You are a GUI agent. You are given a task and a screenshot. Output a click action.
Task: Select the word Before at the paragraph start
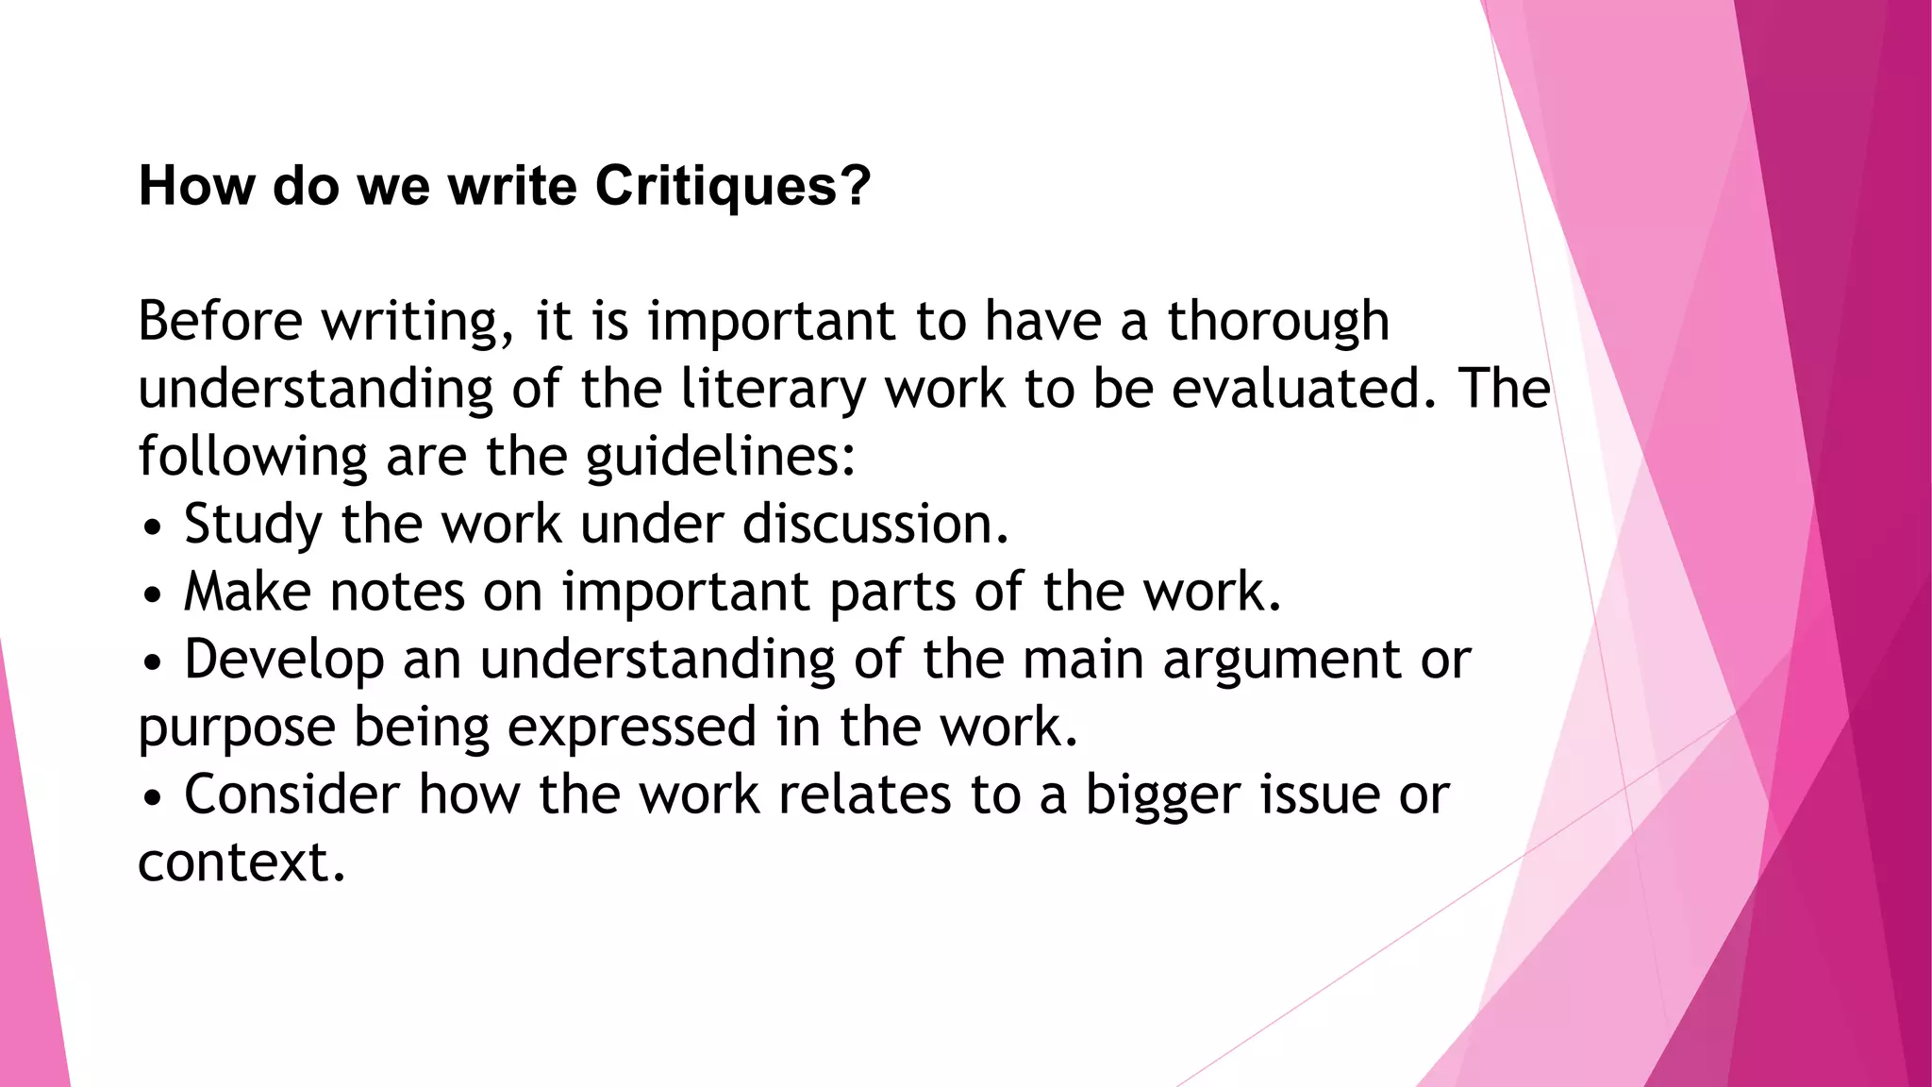220,321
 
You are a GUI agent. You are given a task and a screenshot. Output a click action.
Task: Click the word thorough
1278,323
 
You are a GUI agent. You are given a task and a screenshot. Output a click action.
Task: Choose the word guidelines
719,458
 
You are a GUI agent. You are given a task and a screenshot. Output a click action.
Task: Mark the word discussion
874,524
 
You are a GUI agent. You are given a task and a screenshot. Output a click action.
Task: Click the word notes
397,593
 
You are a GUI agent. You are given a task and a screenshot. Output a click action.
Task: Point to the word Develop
284,661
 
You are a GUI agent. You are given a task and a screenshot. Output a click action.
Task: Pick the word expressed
631,728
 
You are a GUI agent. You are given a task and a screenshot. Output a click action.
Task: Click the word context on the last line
241,863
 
